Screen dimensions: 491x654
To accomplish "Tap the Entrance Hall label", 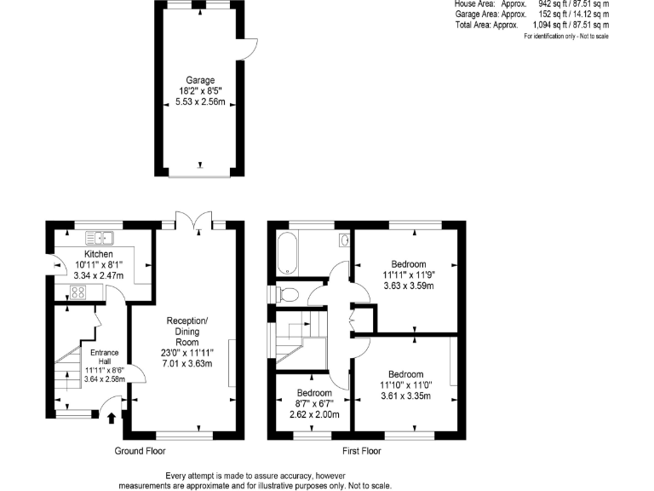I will (92, 357).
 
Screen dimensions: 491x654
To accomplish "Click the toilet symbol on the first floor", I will (285, 294).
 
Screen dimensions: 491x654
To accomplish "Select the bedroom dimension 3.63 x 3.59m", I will (408, 286).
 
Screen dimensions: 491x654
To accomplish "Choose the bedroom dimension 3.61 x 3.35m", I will (406, 396).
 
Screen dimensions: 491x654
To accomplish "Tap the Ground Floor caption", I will (140, 451).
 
